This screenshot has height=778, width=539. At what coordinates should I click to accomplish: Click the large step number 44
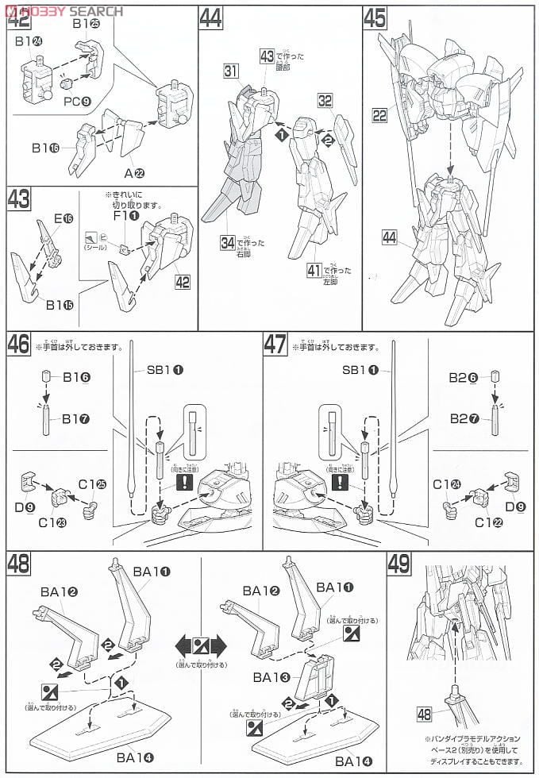(x=210, y=19)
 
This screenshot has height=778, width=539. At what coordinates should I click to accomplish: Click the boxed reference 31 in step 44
(x=231, y=72)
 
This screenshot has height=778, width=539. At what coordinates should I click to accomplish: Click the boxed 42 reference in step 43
(x=182, y=282)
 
